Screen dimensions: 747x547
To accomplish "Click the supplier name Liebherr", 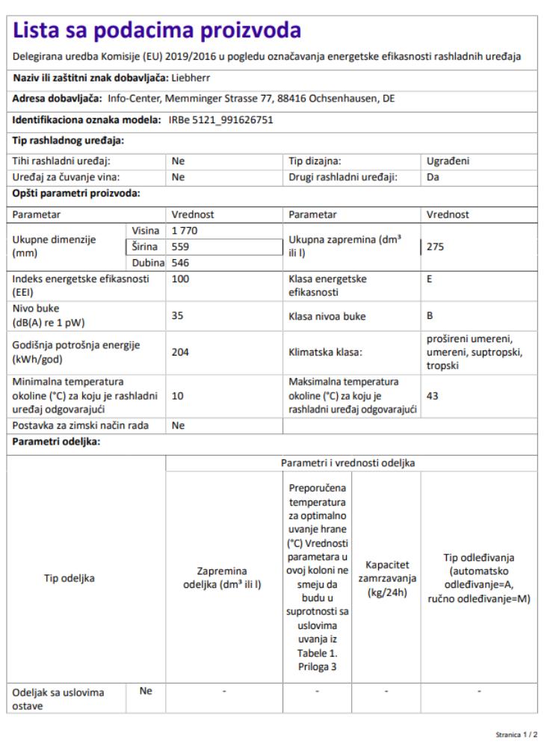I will [x=192, y=77].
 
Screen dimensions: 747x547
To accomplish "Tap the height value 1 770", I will [x=184, y=231].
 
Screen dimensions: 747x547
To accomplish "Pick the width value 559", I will [x=179, y=246].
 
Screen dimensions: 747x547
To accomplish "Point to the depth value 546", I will [x=180, y=262].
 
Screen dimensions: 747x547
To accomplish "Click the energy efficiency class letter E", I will [x=430, y=279].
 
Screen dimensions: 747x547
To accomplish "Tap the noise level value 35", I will [x=177, y=316].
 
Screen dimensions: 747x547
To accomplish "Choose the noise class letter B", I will [x=430, y=316].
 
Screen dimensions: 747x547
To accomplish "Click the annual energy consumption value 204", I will [x=179, y=352].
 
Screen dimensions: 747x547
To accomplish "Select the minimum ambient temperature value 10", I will [x=177, y=397].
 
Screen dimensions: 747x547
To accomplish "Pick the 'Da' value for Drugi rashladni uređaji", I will [x=432, y=177].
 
